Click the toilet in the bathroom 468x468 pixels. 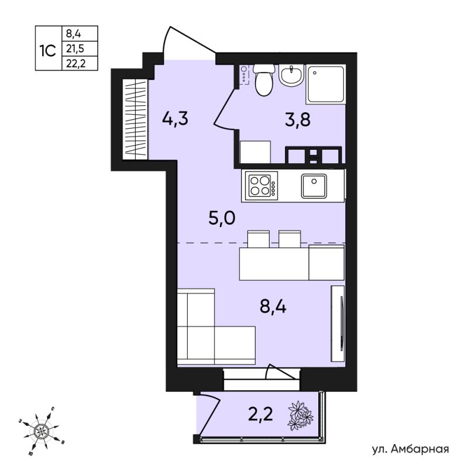click(x=264, y=79)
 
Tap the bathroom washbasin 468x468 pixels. click(x=291, y=75)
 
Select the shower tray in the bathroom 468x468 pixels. click(x=326, y=84)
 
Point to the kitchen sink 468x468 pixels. click(x=314, y=186)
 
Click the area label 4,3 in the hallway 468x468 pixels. click(x=175, y=119)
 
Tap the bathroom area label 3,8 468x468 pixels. click(x=298, y=120)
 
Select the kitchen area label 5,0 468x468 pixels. click(x=222, y=218)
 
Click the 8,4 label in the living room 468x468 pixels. click(x=273, y=307)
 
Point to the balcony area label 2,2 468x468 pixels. click(x=260, y=414)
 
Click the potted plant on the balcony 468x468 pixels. click(x=300, y=416)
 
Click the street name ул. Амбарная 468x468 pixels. click(x=411, y=449)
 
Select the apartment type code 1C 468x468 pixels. click(x=48, y=51)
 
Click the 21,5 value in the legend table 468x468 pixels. click(x=75, y=49)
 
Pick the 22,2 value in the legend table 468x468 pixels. click(x=76, y=63)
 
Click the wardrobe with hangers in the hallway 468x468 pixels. click(x=135, y=119)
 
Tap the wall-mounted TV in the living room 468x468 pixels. click(x=338, y=324)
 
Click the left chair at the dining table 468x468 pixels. click(x=259, y=239)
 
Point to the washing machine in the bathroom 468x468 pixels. click(x=255, y=152)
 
